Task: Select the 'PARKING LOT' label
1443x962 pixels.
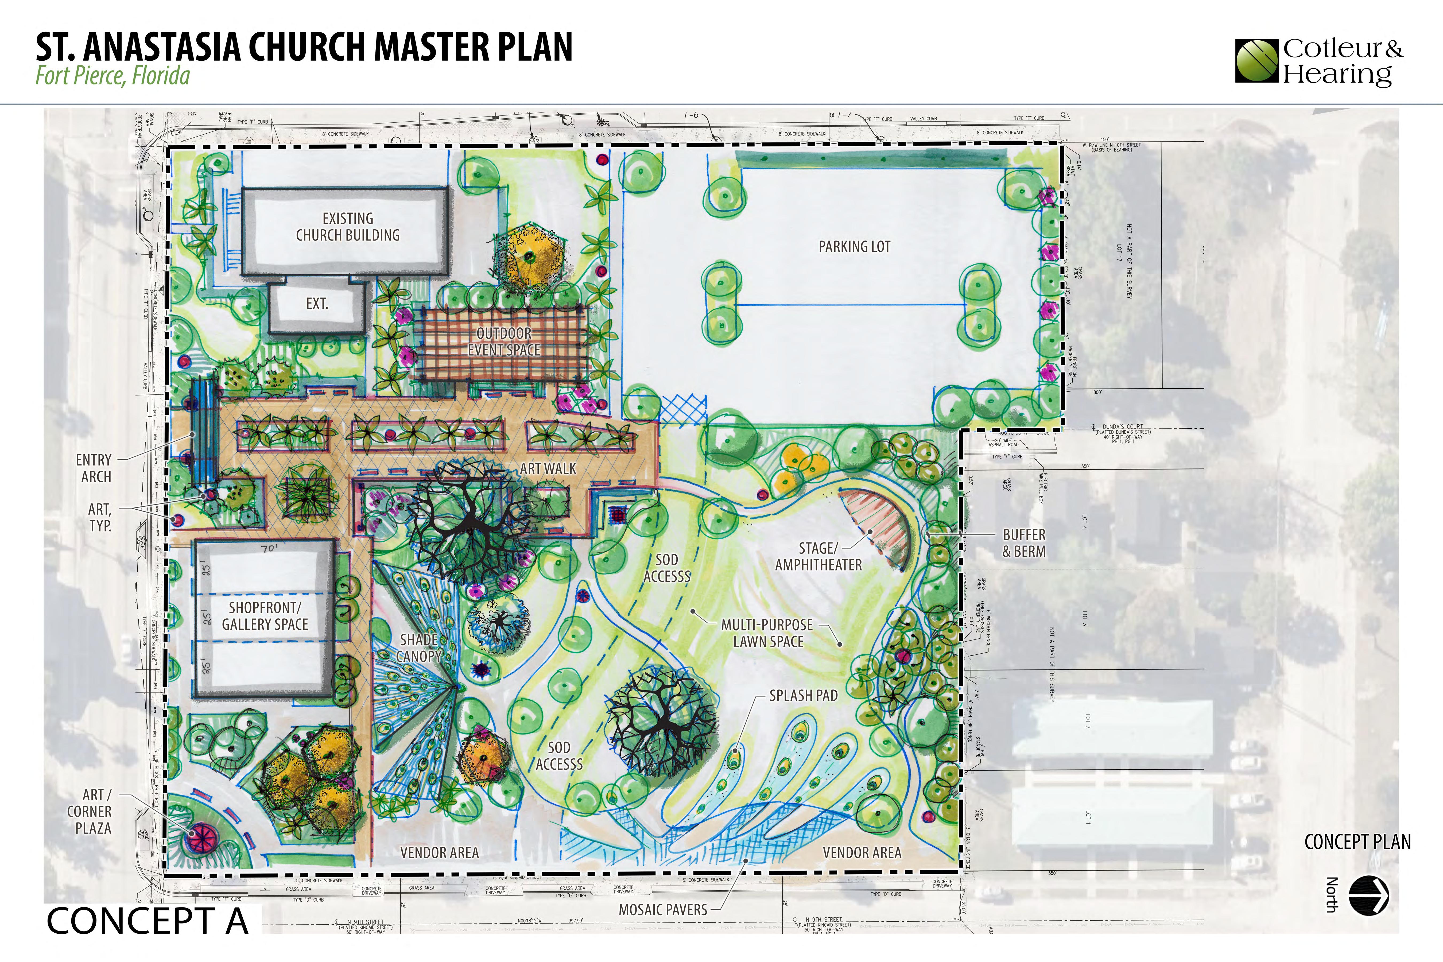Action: (854, 247)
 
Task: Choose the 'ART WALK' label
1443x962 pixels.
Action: (548, 469)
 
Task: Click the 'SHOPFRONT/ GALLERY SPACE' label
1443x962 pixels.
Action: (265, 616)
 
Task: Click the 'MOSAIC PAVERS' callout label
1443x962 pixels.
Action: (663, 910)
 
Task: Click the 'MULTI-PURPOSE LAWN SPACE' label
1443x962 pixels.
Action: (767, 633)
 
